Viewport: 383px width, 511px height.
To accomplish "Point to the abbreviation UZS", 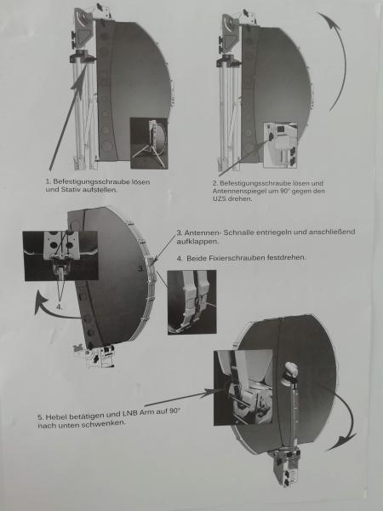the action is click(220, 198).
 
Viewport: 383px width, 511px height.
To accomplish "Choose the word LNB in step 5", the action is click(129, 413).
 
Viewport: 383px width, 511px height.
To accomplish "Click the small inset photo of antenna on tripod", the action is click(149, 143).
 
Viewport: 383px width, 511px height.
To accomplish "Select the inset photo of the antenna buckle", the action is click(191, 302).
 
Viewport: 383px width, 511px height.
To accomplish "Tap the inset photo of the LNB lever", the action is click(243, 388).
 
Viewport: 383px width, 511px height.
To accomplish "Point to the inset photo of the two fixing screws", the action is click(60, 255).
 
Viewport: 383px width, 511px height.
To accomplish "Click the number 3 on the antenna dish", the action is click(140, 269).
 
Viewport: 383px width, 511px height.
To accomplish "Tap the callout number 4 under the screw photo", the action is click(59, 307).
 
